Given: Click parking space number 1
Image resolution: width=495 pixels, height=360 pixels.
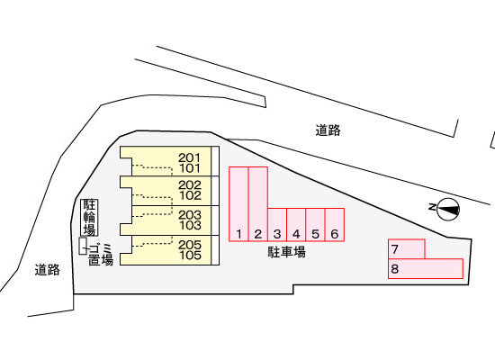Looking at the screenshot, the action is tap(239, 204).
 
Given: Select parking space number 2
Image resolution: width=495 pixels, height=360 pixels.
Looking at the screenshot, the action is tap(258, 204).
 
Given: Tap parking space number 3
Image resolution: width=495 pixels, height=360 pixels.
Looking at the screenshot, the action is tap(277, 225).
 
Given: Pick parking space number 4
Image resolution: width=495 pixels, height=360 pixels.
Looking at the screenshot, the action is tap(296, 225).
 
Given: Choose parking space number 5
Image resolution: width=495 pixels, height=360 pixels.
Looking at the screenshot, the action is tap(315, 225).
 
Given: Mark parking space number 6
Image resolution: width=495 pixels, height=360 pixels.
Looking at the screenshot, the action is tap(335, 225).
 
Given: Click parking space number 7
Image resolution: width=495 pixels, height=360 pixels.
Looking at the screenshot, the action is tap(407, 249).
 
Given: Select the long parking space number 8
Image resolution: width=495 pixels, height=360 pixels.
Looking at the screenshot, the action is tap(426, 269).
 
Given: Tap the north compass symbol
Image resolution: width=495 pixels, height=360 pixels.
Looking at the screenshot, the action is tap(445, 209).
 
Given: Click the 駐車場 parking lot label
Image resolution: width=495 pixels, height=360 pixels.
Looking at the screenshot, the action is tap(286, 252).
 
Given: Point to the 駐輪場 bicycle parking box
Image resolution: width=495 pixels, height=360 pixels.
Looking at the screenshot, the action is tap(89, 217).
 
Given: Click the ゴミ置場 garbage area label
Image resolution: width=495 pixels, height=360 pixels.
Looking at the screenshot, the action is tap(101, 254).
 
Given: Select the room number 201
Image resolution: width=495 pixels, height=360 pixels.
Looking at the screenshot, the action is tap(189, 157).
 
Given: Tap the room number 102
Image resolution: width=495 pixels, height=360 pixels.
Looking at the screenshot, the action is tap(190, 195).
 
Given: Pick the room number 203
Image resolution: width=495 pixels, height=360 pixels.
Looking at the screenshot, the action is tap(190, 215).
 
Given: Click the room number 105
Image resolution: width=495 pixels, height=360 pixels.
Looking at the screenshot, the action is tap(190, 256).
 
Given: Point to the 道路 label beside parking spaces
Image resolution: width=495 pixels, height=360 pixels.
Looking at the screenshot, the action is tap(328, 130).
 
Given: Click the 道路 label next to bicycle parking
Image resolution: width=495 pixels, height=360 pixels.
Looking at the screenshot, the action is tap(48, 270).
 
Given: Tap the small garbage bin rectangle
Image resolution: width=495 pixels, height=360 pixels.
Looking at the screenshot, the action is tap(83, 246).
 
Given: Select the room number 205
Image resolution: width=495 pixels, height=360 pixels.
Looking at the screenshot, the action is tap(190, 245).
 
